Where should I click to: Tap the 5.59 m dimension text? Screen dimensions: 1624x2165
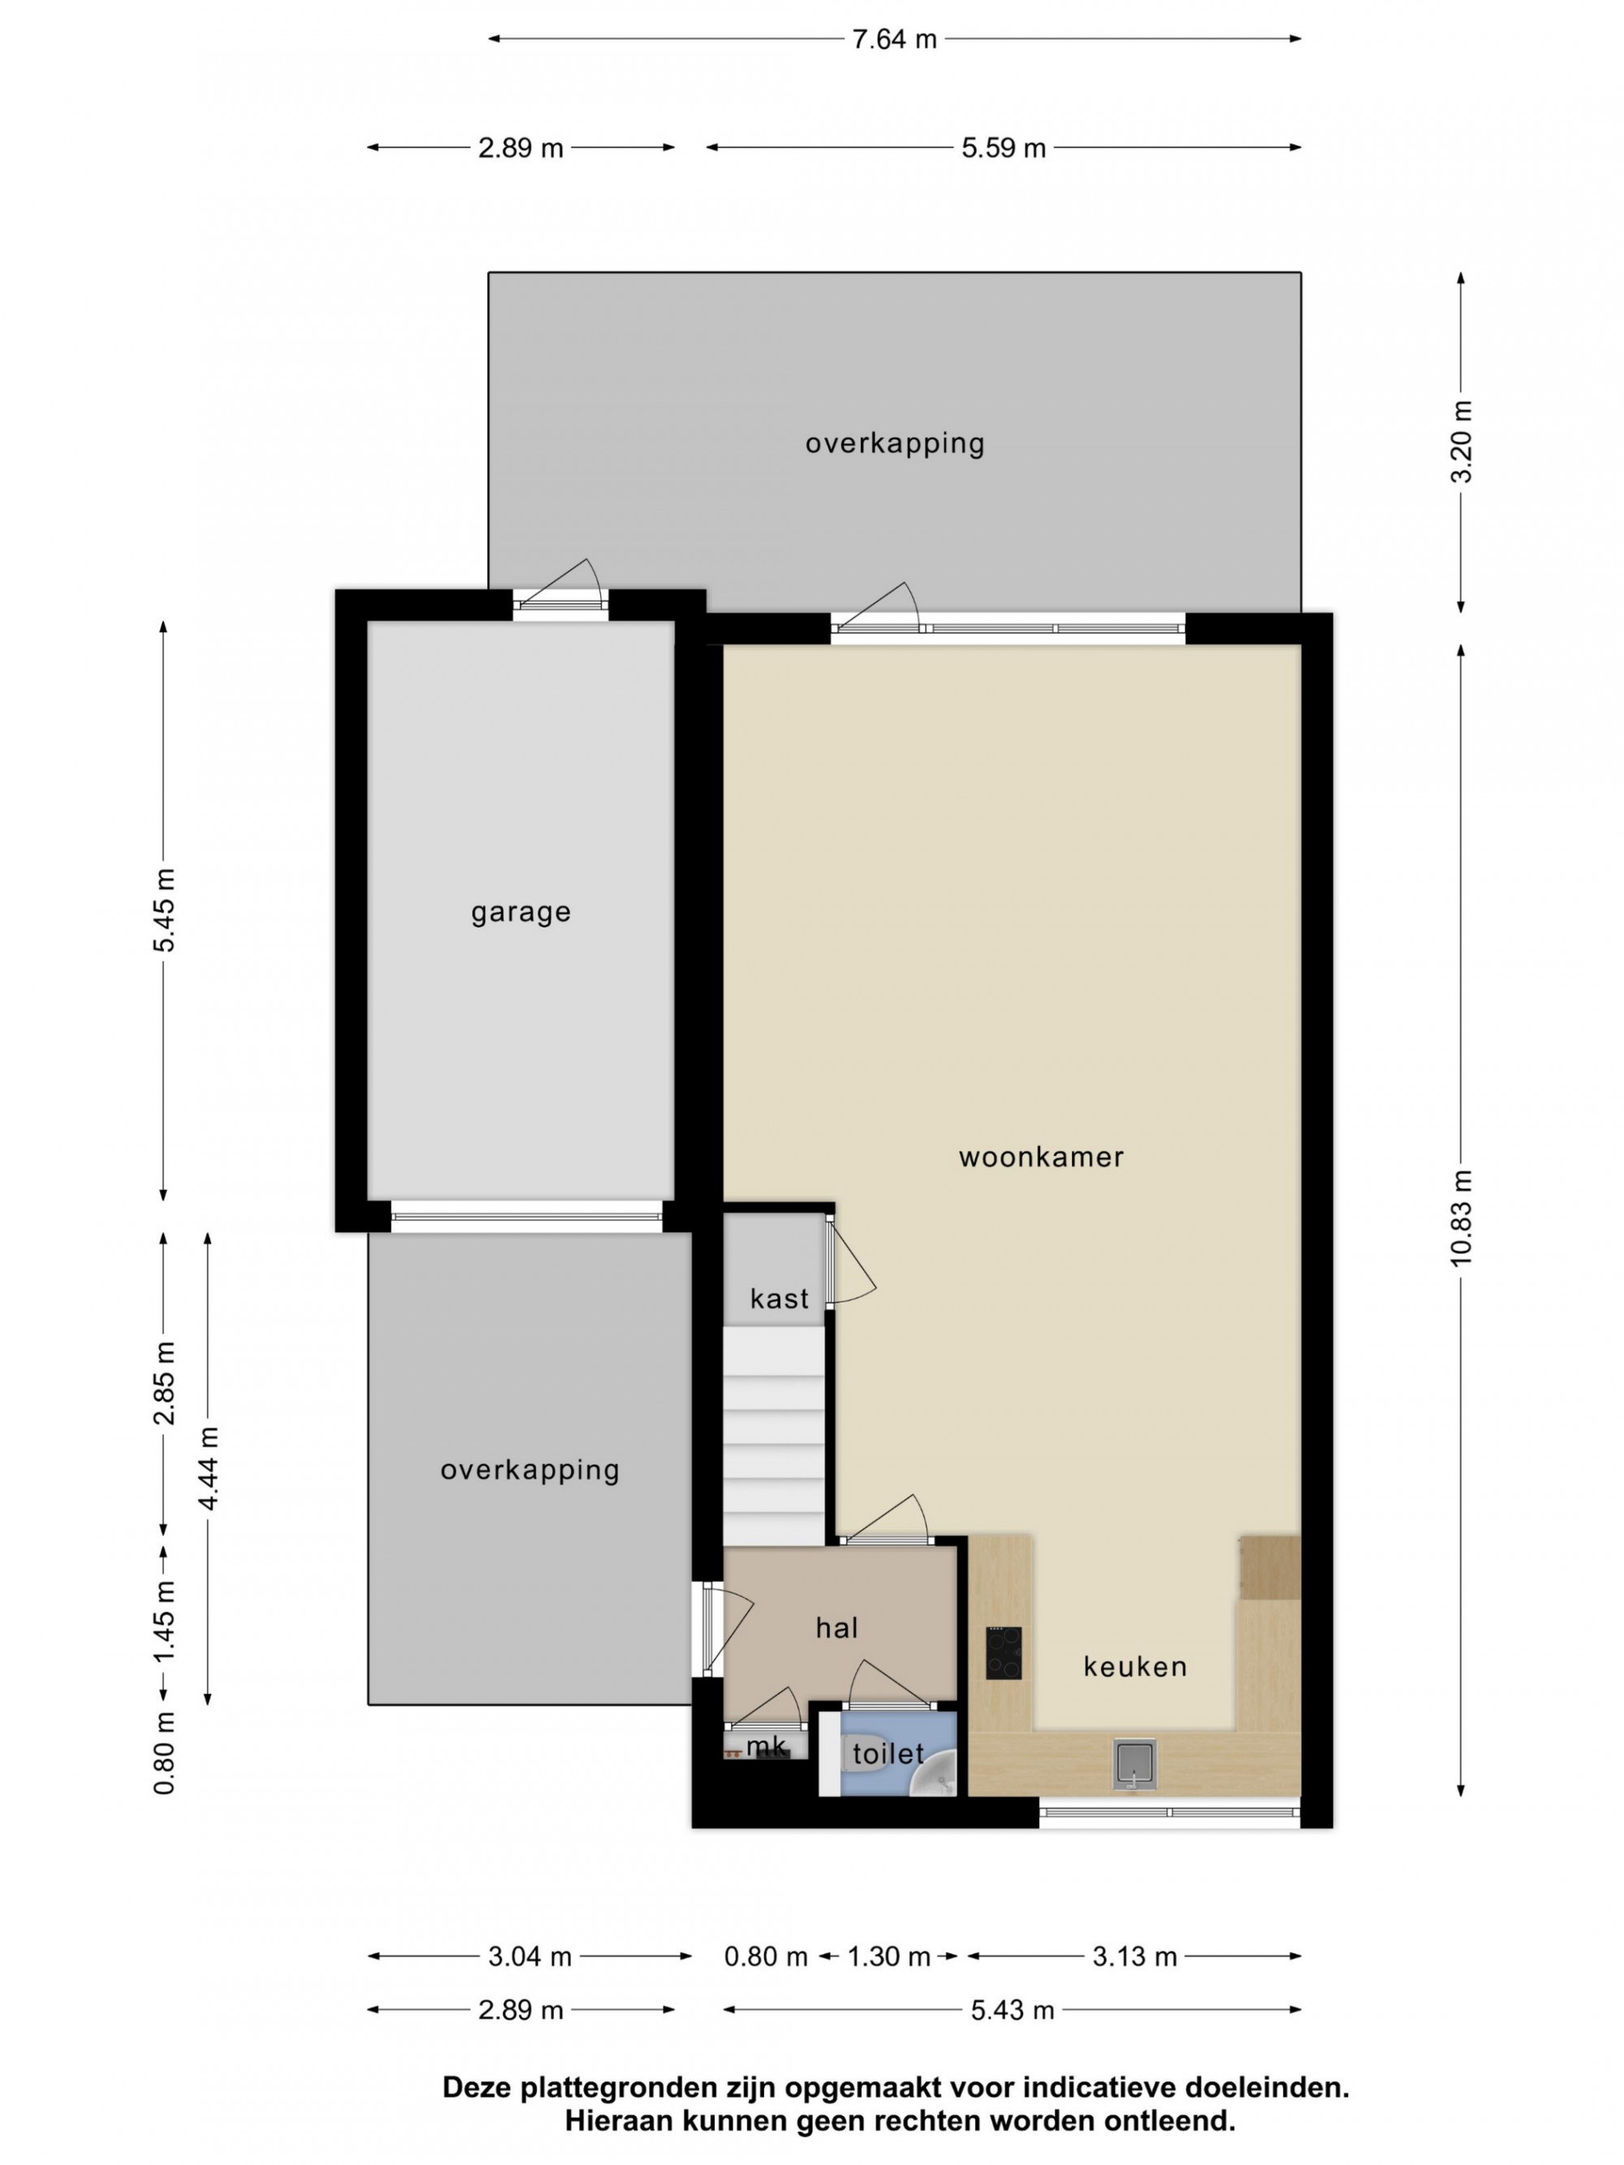tap(1004, 148)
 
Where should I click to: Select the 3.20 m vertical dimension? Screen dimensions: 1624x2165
tap(1461, 442)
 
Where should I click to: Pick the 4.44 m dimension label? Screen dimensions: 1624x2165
tap(208, 1468)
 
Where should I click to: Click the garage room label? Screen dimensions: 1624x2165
tap(520, 912)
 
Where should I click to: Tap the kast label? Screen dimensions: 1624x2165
tap(780, 1299)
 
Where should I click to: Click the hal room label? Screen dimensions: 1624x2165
tap(837, 1628)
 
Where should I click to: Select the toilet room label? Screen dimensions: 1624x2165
tap(888, 1753)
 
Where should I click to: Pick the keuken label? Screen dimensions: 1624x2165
tap(1135, 1666)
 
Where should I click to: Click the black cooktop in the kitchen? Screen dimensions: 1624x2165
tap(1004, 1653)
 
